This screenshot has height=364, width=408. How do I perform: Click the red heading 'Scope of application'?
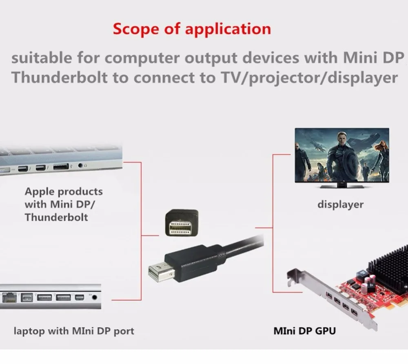192,29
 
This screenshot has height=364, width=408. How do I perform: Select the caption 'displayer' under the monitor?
340,204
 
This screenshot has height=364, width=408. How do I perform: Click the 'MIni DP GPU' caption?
305,330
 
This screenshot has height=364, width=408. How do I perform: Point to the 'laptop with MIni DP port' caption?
74,330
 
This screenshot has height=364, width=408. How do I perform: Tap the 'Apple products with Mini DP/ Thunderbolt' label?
64,204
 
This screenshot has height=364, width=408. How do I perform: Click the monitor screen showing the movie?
341,155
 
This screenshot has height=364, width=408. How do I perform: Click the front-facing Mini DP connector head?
182,223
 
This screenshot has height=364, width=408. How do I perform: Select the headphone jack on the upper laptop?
80,166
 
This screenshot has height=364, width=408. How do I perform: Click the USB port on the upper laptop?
60,166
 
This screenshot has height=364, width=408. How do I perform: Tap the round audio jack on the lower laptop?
95,297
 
